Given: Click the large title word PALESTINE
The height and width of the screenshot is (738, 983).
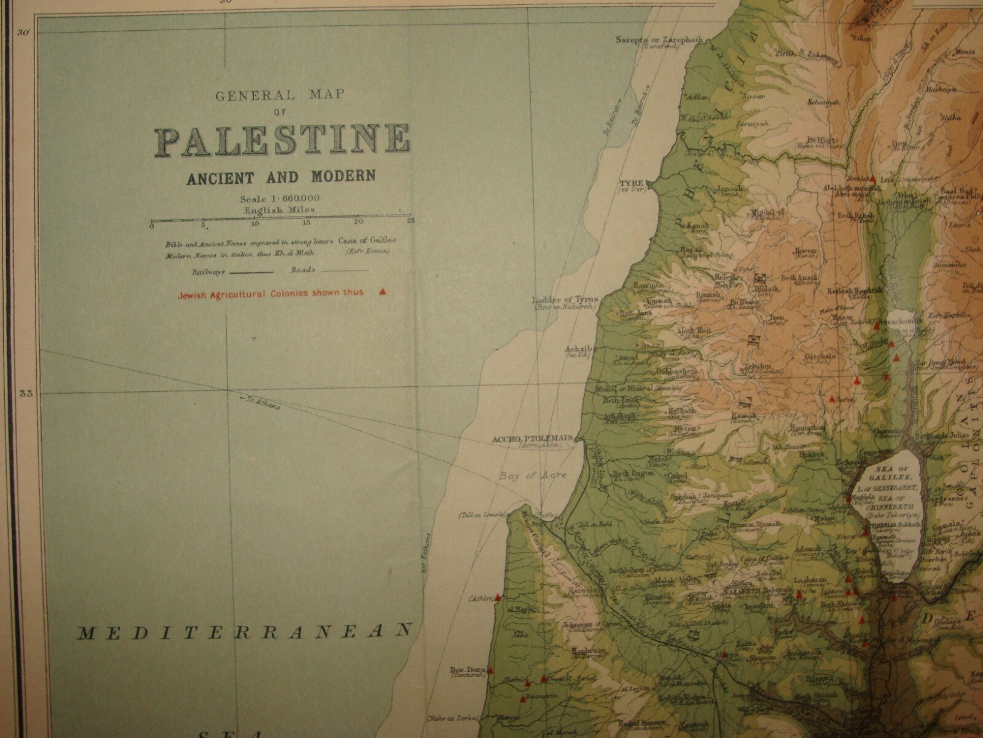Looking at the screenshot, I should point(282,141).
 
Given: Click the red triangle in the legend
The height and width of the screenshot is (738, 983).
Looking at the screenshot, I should point(383,292).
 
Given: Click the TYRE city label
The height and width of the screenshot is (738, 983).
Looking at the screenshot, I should point(632,183).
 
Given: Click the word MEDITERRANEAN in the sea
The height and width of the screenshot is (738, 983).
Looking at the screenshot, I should point(243,630).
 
